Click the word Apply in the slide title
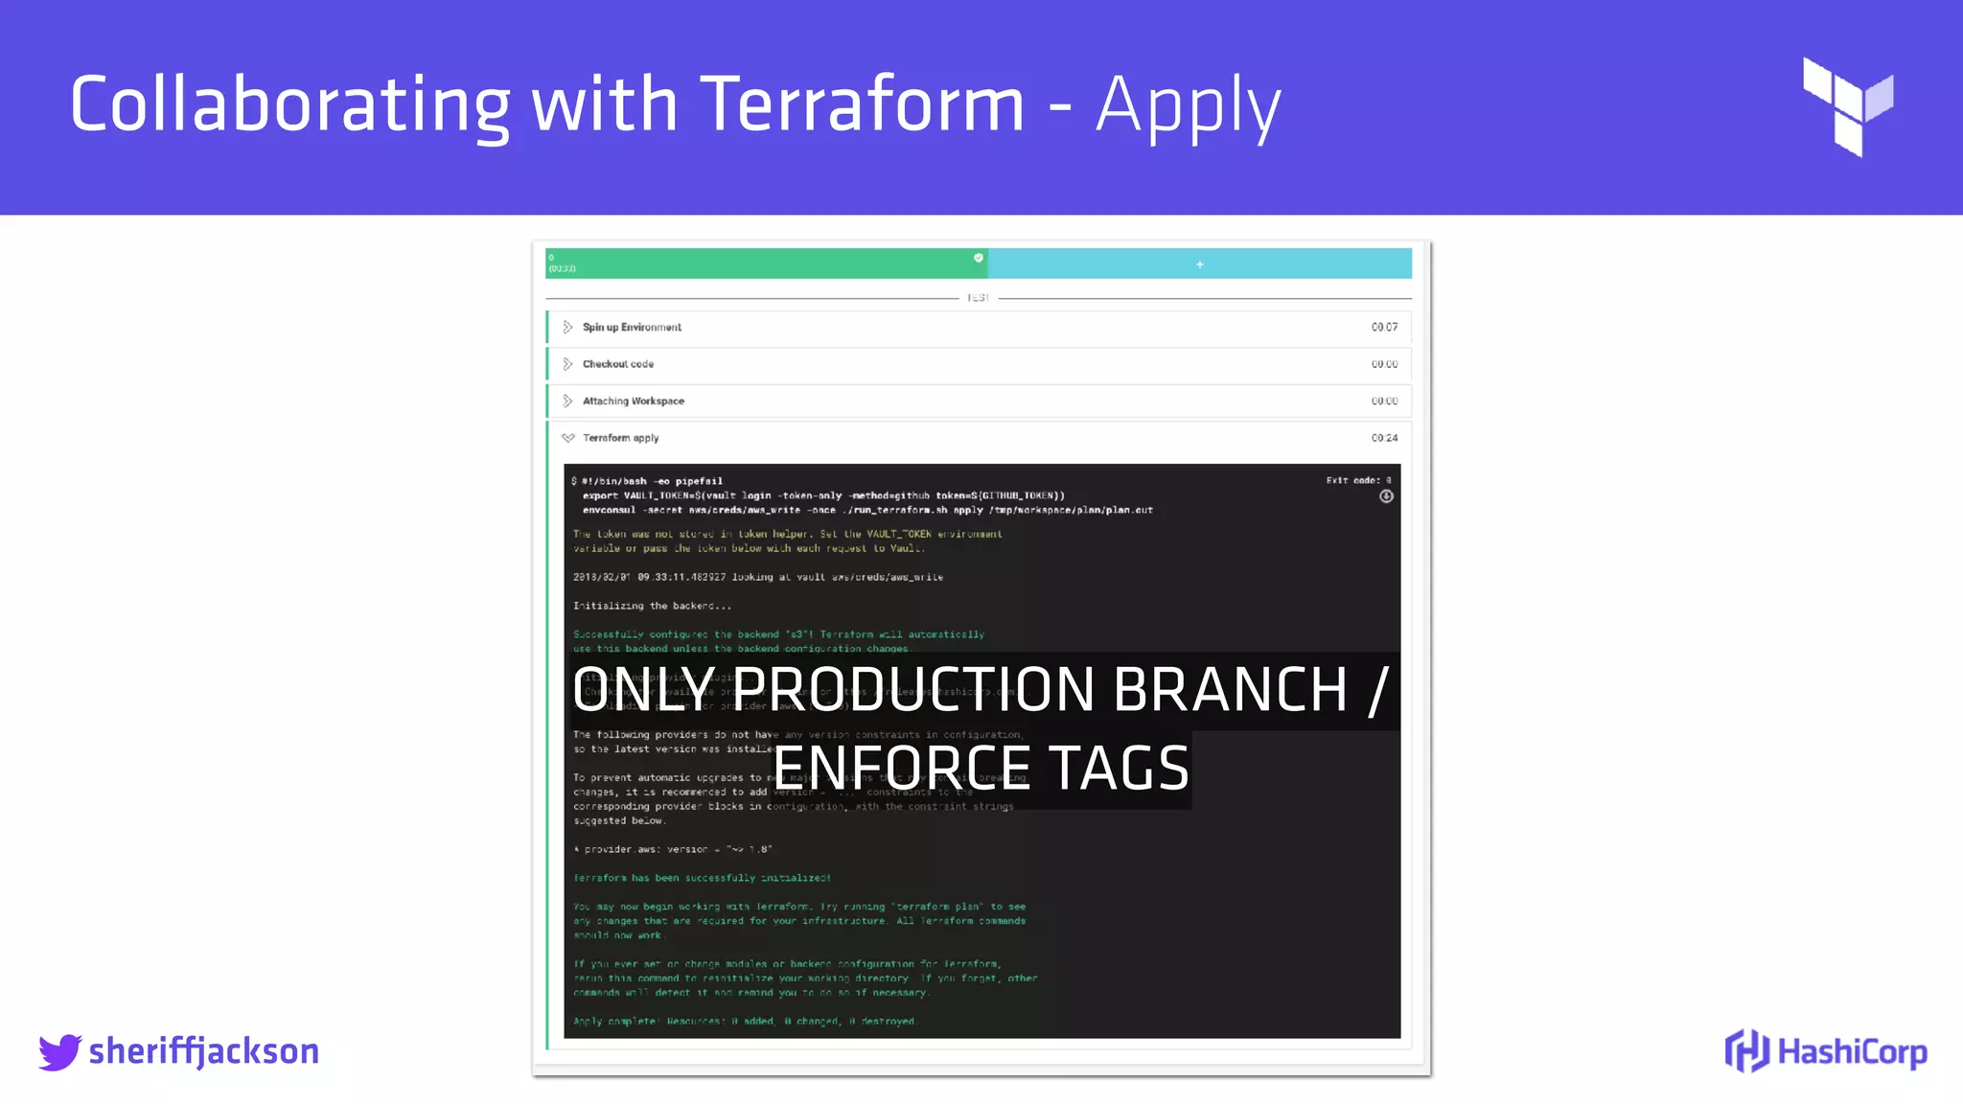point(1187,105)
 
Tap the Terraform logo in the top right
point(1847,106)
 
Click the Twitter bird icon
point(59,1051)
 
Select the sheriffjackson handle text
point(203,1051)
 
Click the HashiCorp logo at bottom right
point(1826,1051)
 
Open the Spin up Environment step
point(632,328)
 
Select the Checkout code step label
point(618,364)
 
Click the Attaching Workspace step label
point(634,402)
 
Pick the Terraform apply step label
point(620,438)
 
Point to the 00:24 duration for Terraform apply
point(1384,438)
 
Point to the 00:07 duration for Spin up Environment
point(1384,328)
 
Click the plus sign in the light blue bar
point(1199,264)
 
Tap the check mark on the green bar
point(979,258)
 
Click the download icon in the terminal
point(1386,496)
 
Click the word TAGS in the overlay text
point(1119,768)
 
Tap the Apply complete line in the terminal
point(745,1022)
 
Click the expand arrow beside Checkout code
point(567,364)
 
